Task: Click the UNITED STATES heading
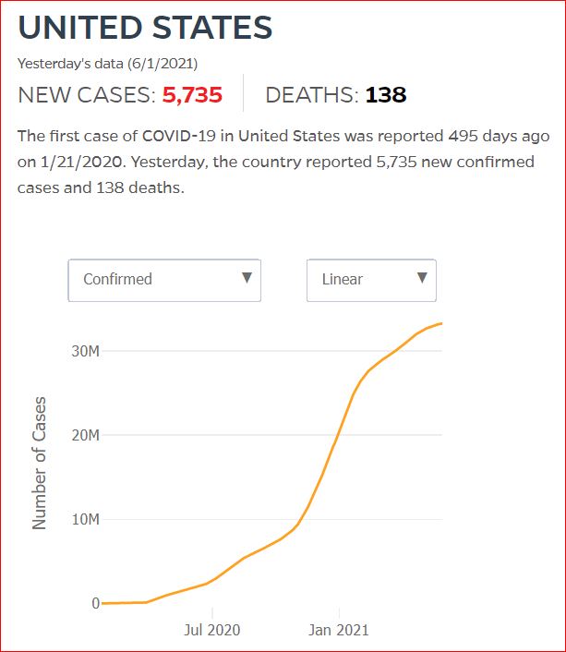[145, 27]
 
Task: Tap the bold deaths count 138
[386, 95]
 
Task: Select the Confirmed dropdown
[164, 279]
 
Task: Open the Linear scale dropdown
[371, 279]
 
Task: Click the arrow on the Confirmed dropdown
[247, 278]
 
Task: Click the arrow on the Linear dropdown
[422, 278]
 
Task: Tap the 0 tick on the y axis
[96, 604]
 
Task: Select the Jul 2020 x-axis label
[211, 630]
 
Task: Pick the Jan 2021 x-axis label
[338, 630]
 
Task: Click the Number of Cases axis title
[39, 463]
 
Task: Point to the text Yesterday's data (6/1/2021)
[108, 64]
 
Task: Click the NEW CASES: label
[87, 95]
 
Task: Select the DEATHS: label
[311, 95]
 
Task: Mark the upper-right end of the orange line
[441, 323]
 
